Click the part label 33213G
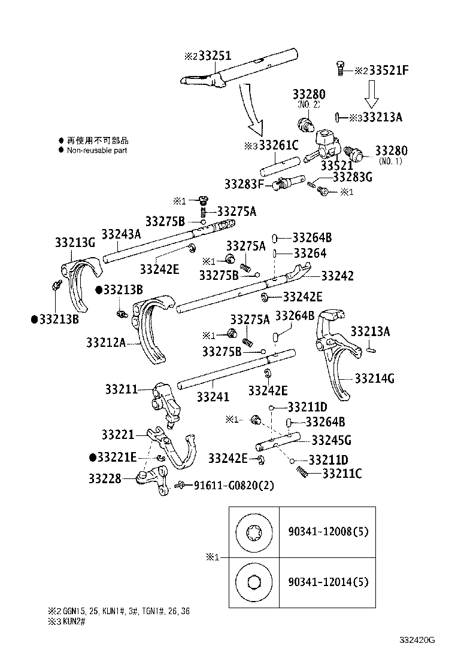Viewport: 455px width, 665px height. pos(75,242)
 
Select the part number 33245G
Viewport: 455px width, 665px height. pos(331,441)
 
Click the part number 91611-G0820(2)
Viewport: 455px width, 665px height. pos(233,485)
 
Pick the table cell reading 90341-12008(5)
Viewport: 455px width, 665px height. pos(327,530)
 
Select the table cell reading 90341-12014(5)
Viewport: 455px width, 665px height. pos(327,581)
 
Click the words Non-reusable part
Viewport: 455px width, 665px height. pos(97,150)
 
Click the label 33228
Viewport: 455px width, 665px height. pos(105,478)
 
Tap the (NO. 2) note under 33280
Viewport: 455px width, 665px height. pos(309,104)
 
